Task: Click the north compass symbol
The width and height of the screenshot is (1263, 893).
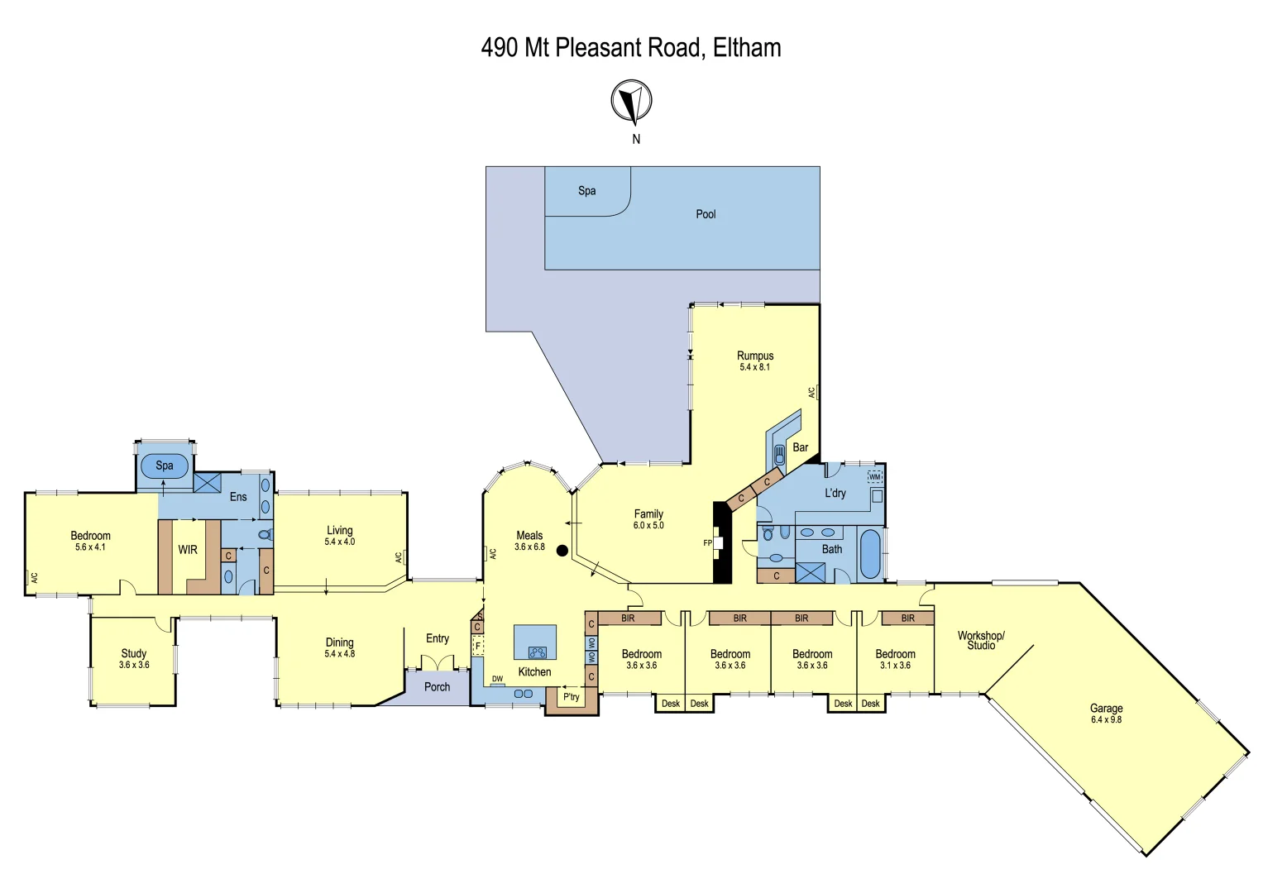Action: click(631, 101)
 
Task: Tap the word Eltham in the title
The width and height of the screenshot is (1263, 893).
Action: click(746, 48)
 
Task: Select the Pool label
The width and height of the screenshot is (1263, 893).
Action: click(706, 214)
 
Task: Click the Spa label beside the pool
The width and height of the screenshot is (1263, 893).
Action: click(586, 191)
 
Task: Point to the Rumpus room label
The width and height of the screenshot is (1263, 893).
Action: click(754, 356)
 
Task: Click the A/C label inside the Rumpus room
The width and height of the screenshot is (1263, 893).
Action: click(811, 392)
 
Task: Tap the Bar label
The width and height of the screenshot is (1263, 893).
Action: click(800, 447)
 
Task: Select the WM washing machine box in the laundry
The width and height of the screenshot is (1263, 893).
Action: click(874, 477)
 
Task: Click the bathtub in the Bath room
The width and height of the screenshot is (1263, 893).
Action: click(869, 554)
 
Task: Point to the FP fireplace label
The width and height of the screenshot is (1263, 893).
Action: click(707, 543)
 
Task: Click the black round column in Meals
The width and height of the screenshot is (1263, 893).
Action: click(562, 550)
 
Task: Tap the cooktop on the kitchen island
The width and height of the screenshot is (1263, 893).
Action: click(537, 652)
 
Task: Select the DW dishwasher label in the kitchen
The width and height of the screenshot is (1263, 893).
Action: click(497, 679)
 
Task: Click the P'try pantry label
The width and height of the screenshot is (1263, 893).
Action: click(571, 697)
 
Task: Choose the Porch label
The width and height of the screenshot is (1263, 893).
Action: click(437, 687)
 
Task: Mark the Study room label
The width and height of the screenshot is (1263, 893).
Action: click(133, 653)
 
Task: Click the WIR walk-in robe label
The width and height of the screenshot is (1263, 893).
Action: click(188, 550)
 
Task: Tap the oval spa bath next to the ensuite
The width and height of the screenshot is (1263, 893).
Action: click(164, 466)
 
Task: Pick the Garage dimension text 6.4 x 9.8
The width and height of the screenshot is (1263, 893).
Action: click(1106, 720)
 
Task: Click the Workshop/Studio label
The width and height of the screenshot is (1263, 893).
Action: click(981, 640)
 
